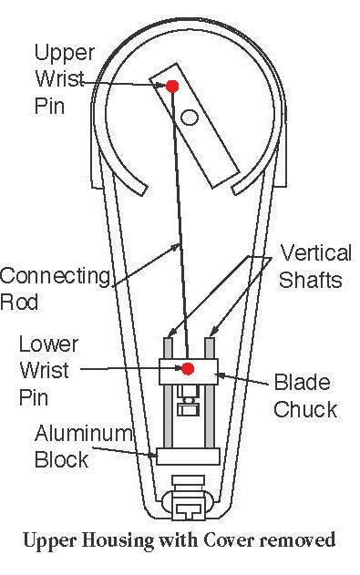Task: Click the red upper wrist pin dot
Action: pos(171,86)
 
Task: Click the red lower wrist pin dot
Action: pos(188,369)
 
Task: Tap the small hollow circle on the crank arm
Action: pos(190,117)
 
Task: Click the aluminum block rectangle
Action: pos(188,456)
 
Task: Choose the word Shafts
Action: pos(311,280)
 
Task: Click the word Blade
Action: pos(302,382)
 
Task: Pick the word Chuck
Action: pos(305,408)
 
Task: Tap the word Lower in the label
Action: pos(48,344)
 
